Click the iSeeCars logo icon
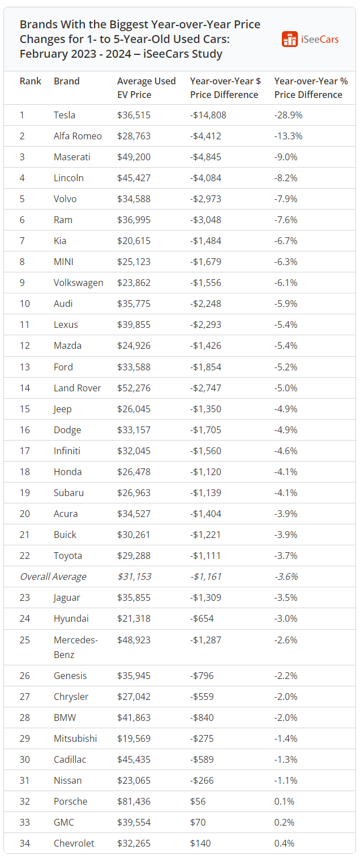tap(290, 39)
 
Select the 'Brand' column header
tap(66, 81)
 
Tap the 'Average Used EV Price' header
tap(146, 88)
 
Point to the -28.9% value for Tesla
tap(288, 115)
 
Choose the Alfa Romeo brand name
tap(78, 136)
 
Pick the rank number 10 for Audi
tap(25, 304)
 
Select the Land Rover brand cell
tap(77, 388)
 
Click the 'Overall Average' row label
tap(53, 576)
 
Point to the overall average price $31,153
tap(134, 576)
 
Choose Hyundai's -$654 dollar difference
tap(202, 618)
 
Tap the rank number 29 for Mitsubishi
tap(25, 738)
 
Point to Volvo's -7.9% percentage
tap(286, 199)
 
